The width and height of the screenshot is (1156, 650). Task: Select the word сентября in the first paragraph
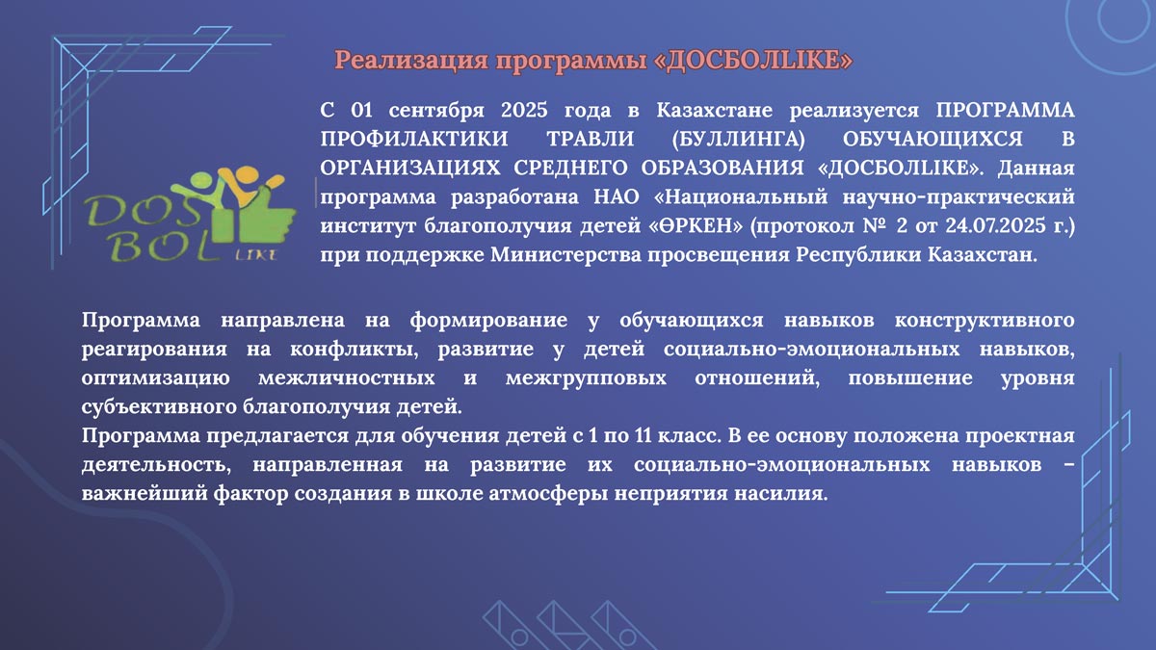(422, 109)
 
